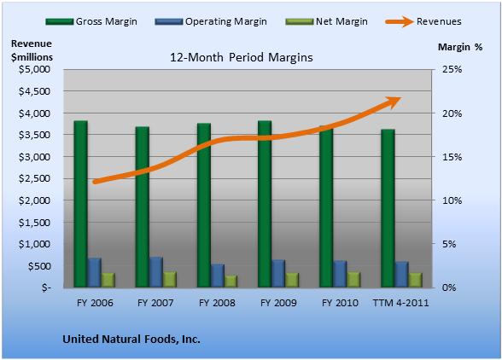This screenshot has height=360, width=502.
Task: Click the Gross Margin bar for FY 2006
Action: tap(80, 204)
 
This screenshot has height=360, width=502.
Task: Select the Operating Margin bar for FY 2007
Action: tap(156, 272)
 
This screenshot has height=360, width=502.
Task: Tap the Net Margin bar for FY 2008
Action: tap(231, 282)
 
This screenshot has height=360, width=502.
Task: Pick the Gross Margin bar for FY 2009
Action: tap(265, 204)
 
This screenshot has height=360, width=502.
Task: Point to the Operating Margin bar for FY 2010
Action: tap(340, 274)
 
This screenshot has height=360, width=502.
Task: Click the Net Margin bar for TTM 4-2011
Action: tap(415, 280)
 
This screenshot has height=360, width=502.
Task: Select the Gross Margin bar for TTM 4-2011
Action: tap(388, 208)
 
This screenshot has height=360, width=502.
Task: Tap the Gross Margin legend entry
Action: tap(91, 21)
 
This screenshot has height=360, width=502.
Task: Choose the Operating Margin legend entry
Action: tap(211, 21)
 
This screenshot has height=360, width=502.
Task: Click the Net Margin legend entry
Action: tap(327, 21)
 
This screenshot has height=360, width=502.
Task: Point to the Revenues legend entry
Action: tap(423, 21)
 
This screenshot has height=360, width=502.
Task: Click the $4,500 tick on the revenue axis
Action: tap(34, 91)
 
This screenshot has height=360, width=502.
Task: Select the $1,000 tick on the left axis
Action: tap(34, 244)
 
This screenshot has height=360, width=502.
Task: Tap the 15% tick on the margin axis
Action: tap(452, 157)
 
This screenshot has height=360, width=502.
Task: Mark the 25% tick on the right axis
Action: tap(452, 69)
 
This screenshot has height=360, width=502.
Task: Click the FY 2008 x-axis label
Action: tap(217, 303)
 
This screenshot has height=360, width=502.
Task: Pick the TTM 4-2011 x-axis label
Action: tap(401, 303)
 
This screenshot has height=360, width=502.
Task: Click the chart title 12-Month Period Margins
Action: tap(242, 58)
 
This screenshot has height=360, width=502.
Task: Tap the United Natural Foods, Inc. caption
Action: tap(131, 340)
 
